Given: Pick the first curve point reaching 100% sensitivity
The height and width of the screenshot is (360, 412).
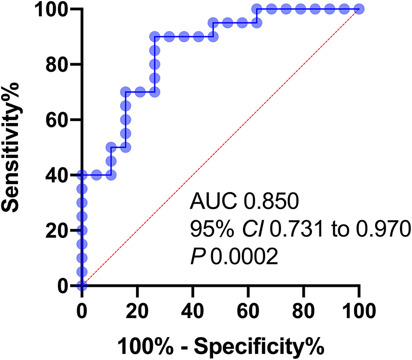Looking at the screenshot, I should point(257,9).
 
